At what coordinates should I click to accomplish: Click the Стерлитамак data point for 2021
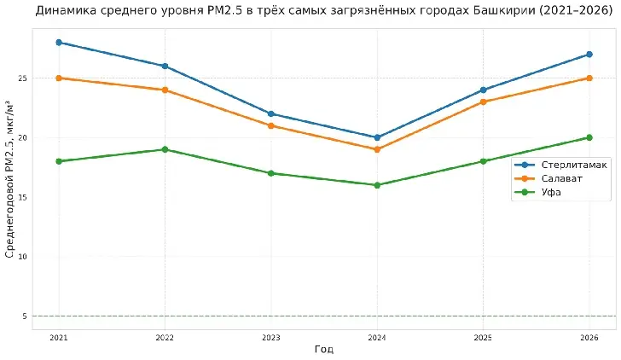pyautogui.click(x=59, y=42)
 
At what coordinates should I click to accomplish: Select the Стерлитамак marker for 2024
pyautogui.click(x=377, y=137)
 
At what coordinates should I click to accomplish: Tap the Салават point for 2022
pyautogui.click(x=165, y=90)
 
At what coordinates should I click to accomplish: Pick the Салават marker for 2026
pyautogui.click(x=589, y=78)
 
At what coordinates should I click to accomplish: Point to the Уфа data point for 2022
pyautogui.click(x=165, y=149)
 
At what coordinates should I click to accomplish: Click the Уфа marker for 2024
pyautogui.click(x=377, y=185)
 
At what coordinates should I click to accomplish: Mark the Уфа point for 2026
pyautogui.click(x=589, y=137)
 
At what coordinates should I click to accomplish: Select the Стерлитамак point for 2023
pyautogui.click(x=271, y=113)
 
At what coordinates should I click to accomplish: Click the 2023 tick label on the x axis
pyautogui.click(x=271, y=338)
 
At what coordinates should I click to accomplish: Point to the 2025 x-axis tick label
pyautogui.click(x=483, y=338)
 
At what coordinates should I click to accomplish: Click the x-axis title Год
pyautogui.click(x=323, y=350)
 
